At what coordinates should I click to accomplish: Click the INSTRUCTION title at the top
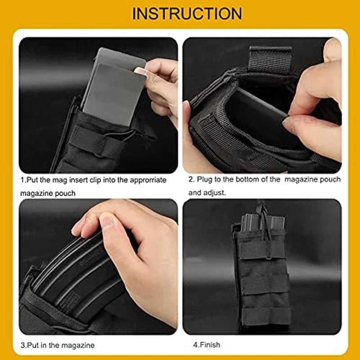(187, 13)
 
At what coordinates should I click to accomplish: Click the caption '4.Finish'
(207, 345)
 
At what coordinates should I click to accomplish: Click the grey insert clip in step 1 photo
(112, 88)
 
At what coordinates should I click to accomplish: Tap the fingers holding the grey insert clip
(160, 81)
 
